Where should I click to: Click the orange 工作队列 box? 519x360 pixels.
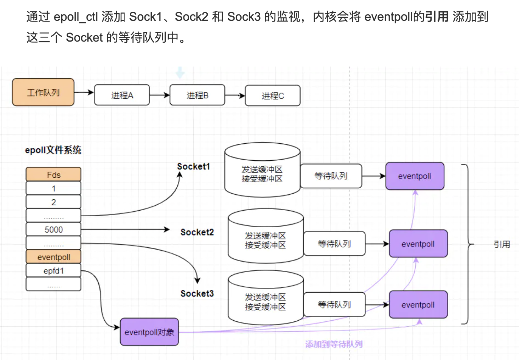point(43,92)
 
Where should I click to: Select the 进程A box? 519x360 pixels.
point(122,95)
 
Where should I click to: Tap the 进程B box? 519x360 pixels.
point(197,95)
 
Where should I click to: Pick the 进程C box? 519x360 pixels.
point(272,96)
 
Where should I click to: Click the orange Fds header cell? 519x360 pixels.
point(53,175)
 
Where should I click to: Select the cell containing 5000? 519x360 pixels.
point(53,230)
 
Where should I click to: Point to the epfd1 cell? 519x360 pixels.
point(53,271)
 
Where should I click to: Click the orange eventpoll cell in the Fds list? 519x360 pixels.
point(53,257)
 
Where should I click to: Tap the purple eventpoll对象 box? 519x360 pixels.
point(149,332)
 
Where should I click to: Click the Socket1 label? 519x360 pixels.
point(193,166)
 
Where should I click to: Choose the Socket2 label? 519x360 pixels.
point(197,232)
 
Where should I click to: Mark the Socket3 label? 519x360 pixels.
point(197,293)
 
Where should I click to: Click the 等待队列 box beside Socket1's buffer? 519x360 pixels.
point(331,176)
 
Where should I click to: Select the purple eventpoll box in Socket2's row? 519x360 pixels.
point(418,244)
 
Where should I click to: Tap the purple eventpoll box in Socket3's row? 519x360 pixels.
point(418,305)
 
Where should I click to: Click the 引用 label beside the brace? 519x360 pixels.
point(502,244)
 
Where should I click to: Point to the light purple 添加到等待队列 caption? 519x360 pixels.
point(334,344)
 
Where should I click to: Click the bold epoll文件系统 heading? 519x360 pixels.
point(53,150)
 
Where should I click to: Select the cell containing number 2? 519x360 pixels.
point(53,202)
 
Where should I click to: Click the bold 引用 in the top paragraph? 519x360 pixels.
point(437,17)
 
